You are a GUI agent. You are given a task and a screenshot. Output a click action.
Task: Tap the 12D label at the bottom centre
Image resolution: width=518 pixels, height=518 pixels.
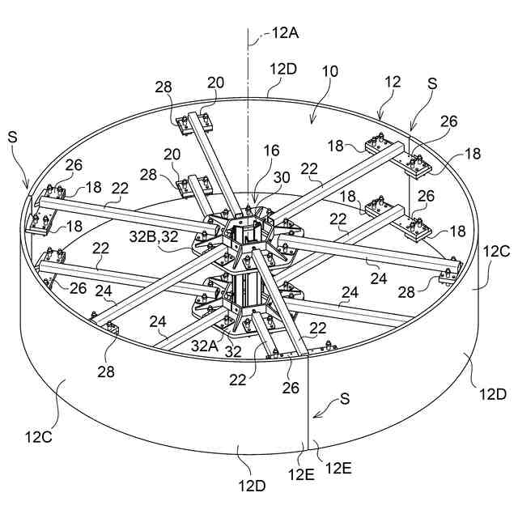point(252,486)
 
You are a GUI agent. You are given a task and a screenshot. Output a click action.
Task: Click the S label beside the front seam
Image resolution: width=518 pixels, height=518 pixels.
point(345,399)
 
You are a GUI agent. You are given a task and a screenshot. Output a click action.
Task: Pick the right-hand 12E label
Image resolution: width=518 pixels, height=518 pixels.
point(337,467)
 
